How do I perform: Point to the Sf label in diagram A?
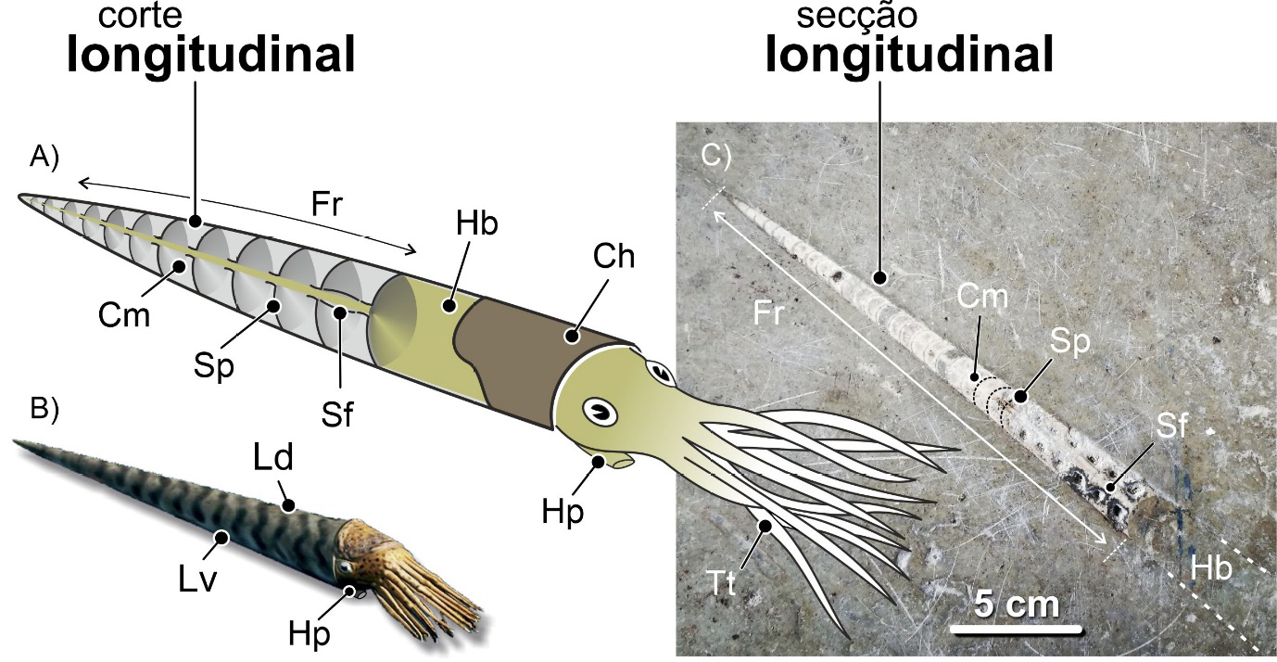coord(338,415)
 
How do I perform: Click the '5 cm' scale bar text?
coord(1017,605)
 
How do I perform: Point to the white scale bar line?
coord(1017,630)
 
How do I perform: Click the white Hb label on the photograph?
coord(1211,569)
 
